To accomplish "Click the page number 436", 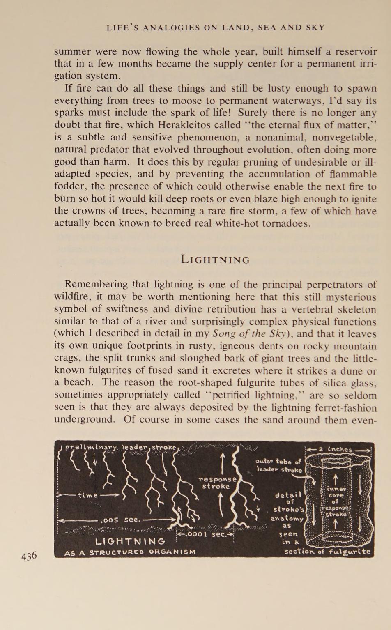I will tap(29, 556).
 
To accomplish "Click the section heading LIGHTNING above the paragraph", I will tap(215, 260).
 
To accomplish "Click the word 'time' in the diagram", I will tap(87, 495).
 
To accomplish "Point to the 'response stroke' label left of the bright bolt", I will tap(217, 483).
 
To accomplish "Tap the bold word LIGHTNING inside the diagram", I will tap(130, 541).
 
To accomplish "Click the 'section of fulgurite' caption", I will tap(327, 551).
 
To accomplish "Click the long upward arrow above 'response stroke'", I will tap(222, 463).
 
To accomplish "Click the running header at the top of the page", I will tap(216, 28).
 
